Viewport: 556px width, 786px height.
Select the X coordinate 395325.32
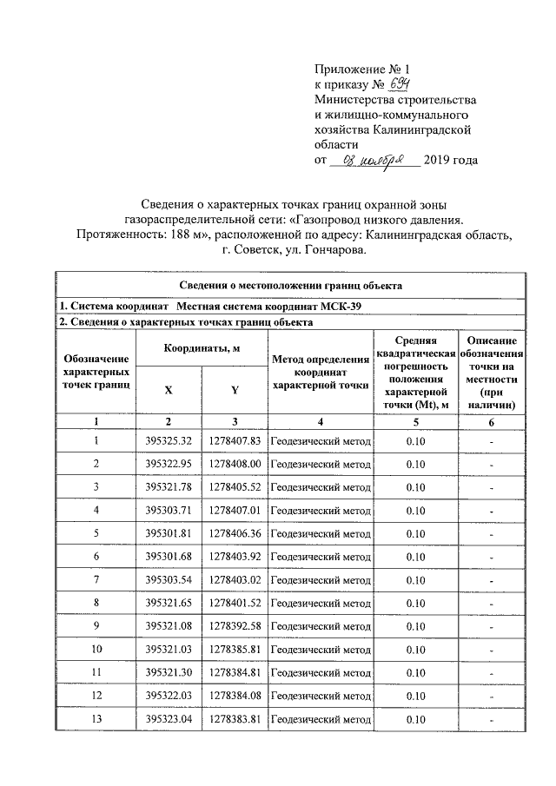[169, 442]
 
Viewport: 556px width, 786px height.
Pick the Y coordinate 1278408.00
[235, 465]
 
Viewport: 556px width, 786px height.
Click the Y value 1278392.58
[235, 625]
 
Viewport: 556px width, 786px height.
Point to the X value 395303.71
[169, 510]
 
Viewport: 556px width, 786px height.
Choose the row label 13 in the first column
[96, 719]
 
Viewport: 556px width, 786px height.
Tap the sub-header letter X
[169, 389]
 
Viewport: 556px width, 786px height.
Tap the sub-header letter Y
[235, 389]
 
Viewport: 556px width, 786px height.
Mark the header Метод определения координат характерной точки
[321, 372]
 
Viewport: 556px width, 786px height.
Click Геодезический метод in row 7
[321, 579]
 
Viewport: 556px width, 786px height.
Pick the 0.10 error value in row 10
[415, 649]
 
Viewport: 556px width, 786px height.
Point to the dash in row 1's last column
[491, 443]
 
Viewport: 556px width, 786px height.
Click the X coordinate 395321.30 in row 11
[169, 672]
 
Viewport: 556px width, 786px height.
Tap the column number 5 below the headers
[415, 421]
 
